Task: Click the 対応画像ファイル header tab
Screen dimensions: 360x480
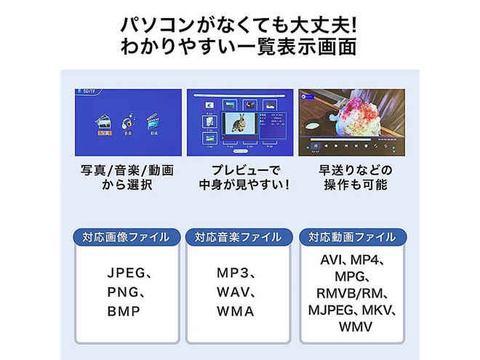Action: click(x=126, y=237)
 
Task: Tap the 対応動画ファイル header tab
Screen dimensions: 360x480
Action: click(x=351, y=237)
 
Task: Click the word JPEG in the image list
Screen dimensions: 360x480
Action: click(x=125, y=275)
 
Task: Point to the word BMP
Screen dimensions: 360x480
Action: click(x=123, y=312)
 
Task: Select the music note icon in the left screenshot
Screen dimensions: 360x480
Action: click(x=128, y=120)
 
